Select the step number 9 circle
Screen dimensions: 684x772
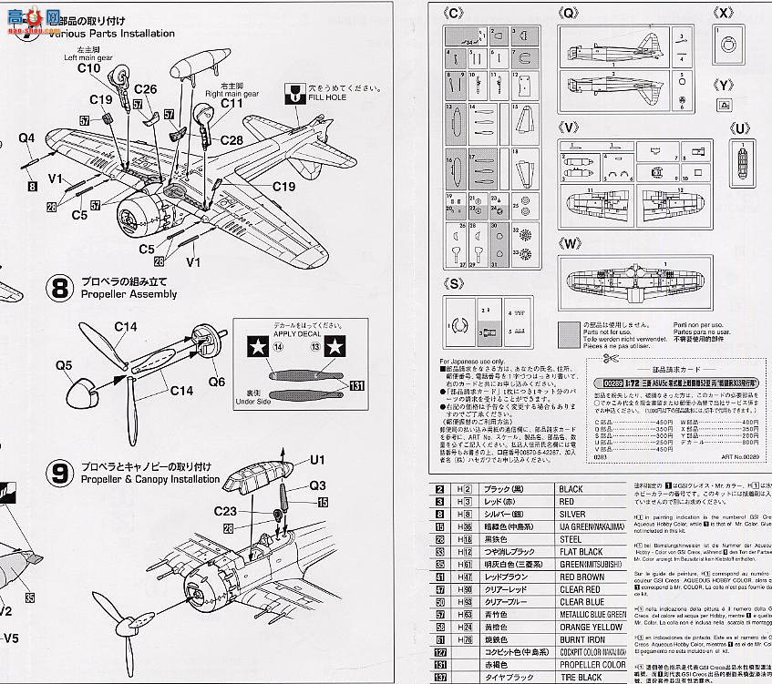click(x=59, y=473)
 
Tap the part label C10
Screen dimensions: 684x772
click(x=88, y=68)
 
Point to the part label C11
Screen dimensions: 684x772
click(x=232, y=104)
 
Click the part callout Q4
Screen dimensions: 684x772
click(x=26, y=139)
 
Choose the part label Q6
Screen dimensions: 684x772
click(x=215, y=382)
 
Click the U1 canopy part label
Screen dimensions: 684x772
click(x=317, y=460)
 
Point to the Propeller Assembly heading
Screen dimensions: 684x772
click(x=128, y=294)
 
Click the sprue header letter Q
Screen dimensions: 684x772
click(x=570, y=14)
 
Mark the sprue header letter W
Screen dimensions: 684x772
click(x=571, y=244)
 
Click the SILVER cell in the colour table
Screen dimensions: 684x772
click(x=580, y=514)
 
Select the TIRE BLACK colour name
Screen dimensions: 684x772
click(x=581, y=677)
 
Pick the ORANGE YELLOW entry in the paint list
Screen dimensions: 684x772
click(x=591, y=628)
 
